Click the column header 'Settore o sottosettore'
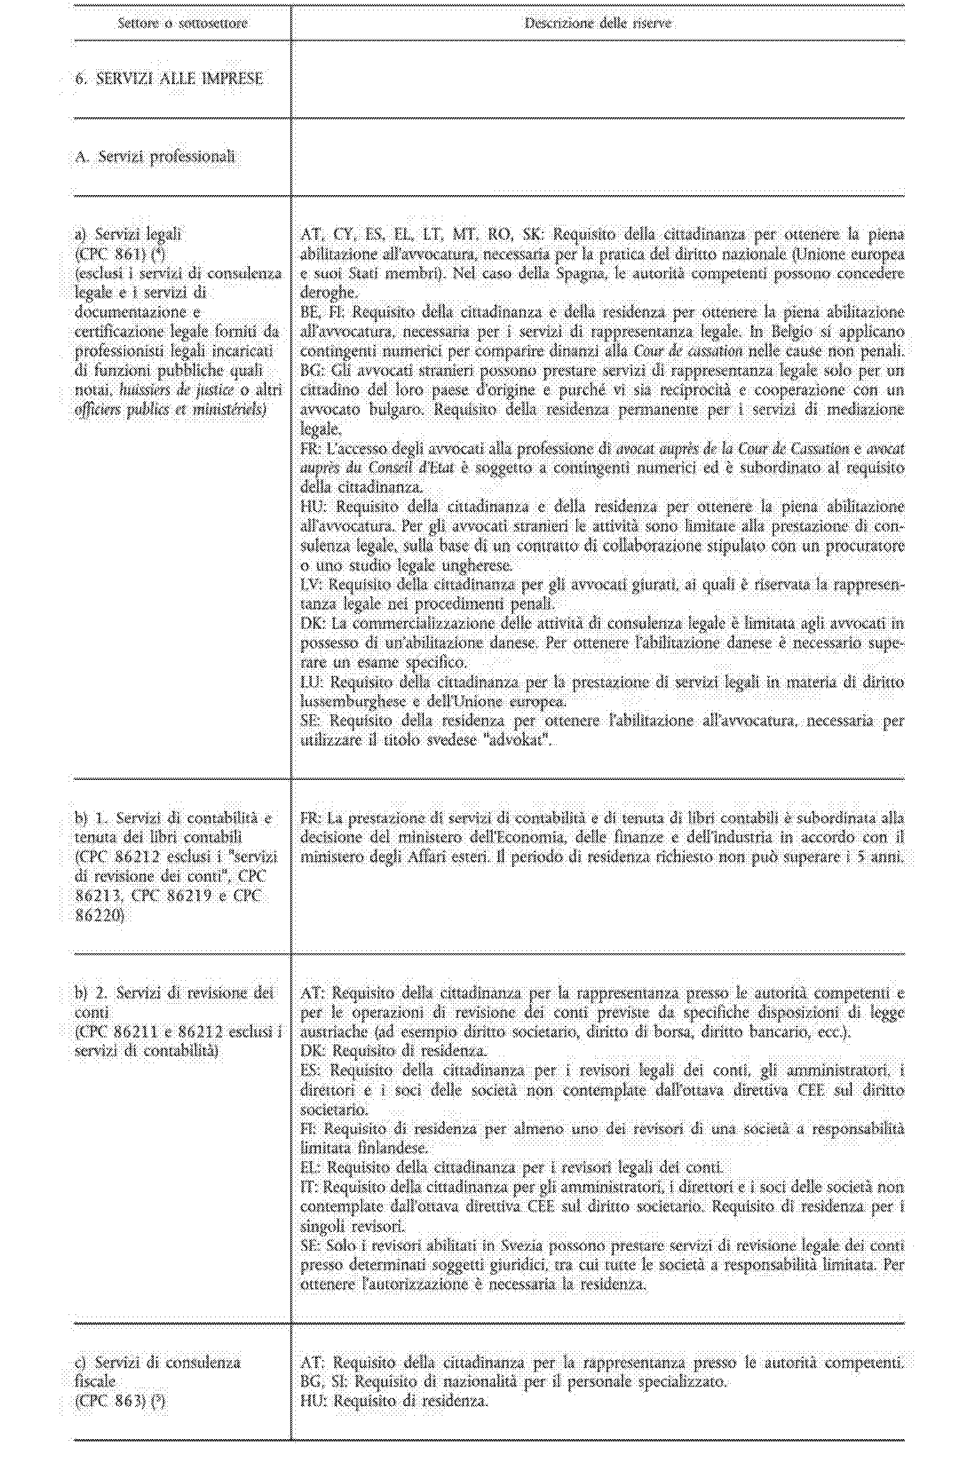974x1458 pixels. (x=183, y=23)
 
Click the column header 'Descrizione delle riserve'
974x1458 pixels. (x=597, y=23)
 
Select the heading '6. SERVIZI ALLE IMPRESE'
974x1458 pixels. (x=169, y=79)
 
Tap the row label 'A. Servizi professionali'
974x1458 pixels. (x=155, y=156)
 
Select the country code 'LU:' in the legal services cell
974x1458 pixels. (x=312, y=682)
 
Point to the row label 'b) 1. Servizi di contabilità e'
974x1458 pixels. (x=173, y=818)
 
